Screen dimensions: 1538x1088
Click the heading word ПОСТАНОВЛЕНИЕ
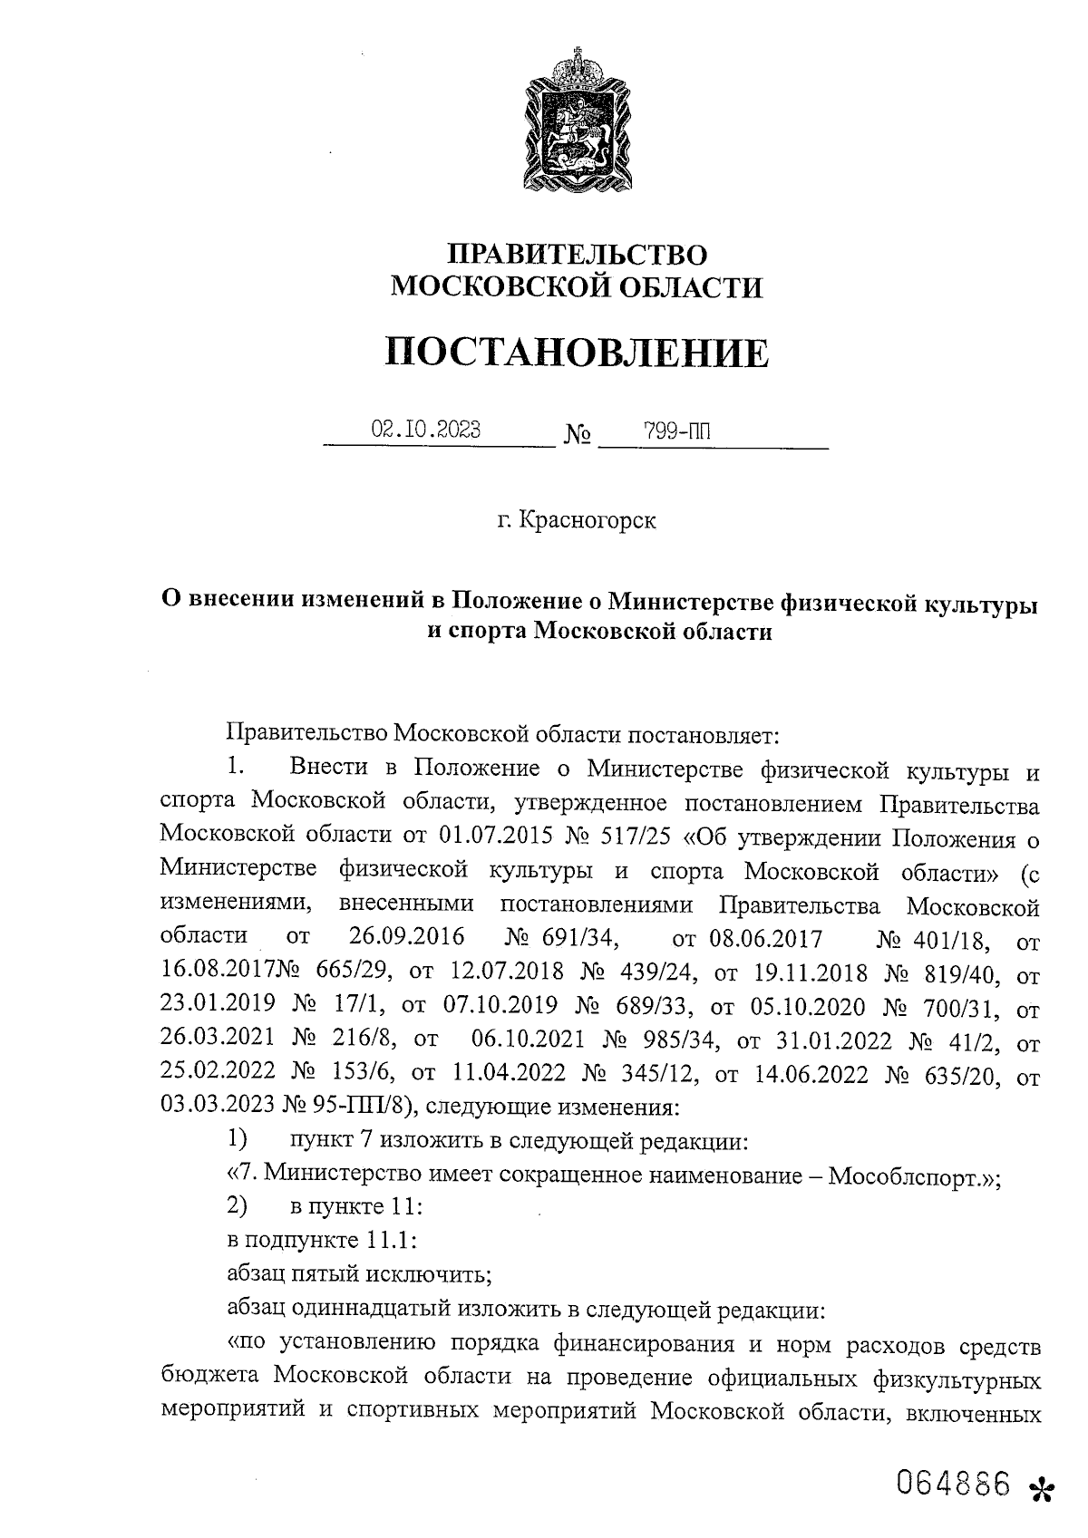(x=577, y=353)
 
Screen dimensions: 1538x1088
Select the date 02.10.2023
(x=426, y=430)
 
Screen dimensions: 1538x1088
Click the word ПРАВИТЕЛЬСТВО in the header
(x=578, y=255)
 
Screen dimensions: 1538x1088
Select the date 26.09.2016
(x=406, y=937)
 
